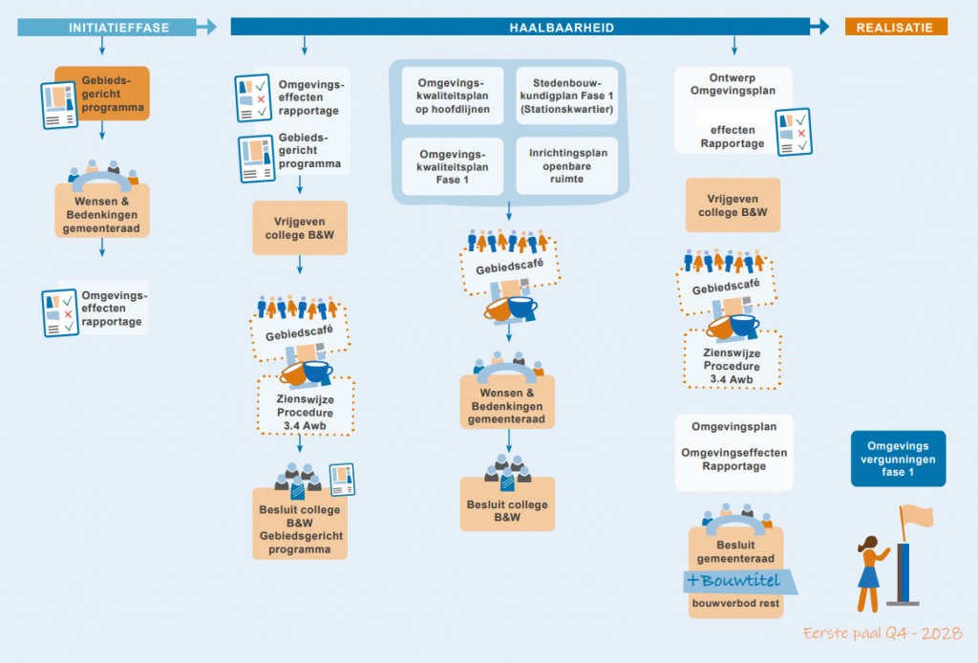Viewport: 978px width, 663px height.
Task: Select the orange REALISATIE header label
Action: click(895, 28)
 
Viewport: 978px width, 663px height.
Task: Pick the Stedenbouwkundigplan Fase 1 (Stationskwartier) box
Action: click(566, 96)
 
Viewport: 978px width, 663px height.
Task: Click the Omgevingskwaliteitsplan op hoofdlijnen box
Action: click(453, 96)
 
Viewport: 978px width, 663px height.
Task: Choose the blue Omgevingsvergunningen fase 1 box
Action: click(898, 459)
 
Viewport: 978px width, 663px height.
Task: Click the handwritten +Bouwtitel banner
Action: click(740, 581)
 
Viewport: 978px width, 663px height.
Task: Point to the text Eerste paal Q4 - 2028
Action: click(882, 633)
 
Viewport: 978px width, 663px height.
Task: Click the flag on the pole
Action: click(916, 517)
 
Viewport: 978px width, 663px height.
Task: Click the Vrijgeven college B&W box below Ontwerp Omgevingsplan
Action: click(733, 205)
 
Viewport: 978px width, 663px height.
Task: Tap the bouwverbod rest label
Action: click(735, 603)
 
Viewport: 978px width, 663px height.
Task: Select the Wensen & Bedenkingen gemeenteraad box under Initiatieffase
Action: click(101, 212)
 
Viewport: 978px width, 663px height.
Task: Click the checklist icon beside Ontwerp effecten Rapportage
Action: click(794, 131)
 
